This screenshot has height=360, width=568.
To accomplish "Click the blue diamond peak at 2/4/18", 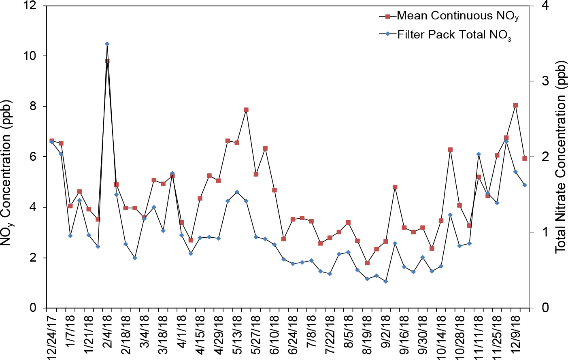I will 107,44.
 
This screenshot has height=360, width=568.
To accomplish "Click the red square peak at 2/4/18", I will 107,61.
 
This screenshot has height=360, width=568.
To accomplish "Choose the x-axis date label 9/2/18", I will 386,332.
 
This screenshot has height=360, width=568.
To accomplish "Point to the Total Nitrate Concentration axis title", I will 560,157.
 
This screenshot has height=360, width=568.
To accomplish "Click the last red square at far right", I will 525,158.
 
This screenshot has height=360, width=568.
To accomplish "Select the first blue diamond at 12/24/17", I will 52,142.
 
